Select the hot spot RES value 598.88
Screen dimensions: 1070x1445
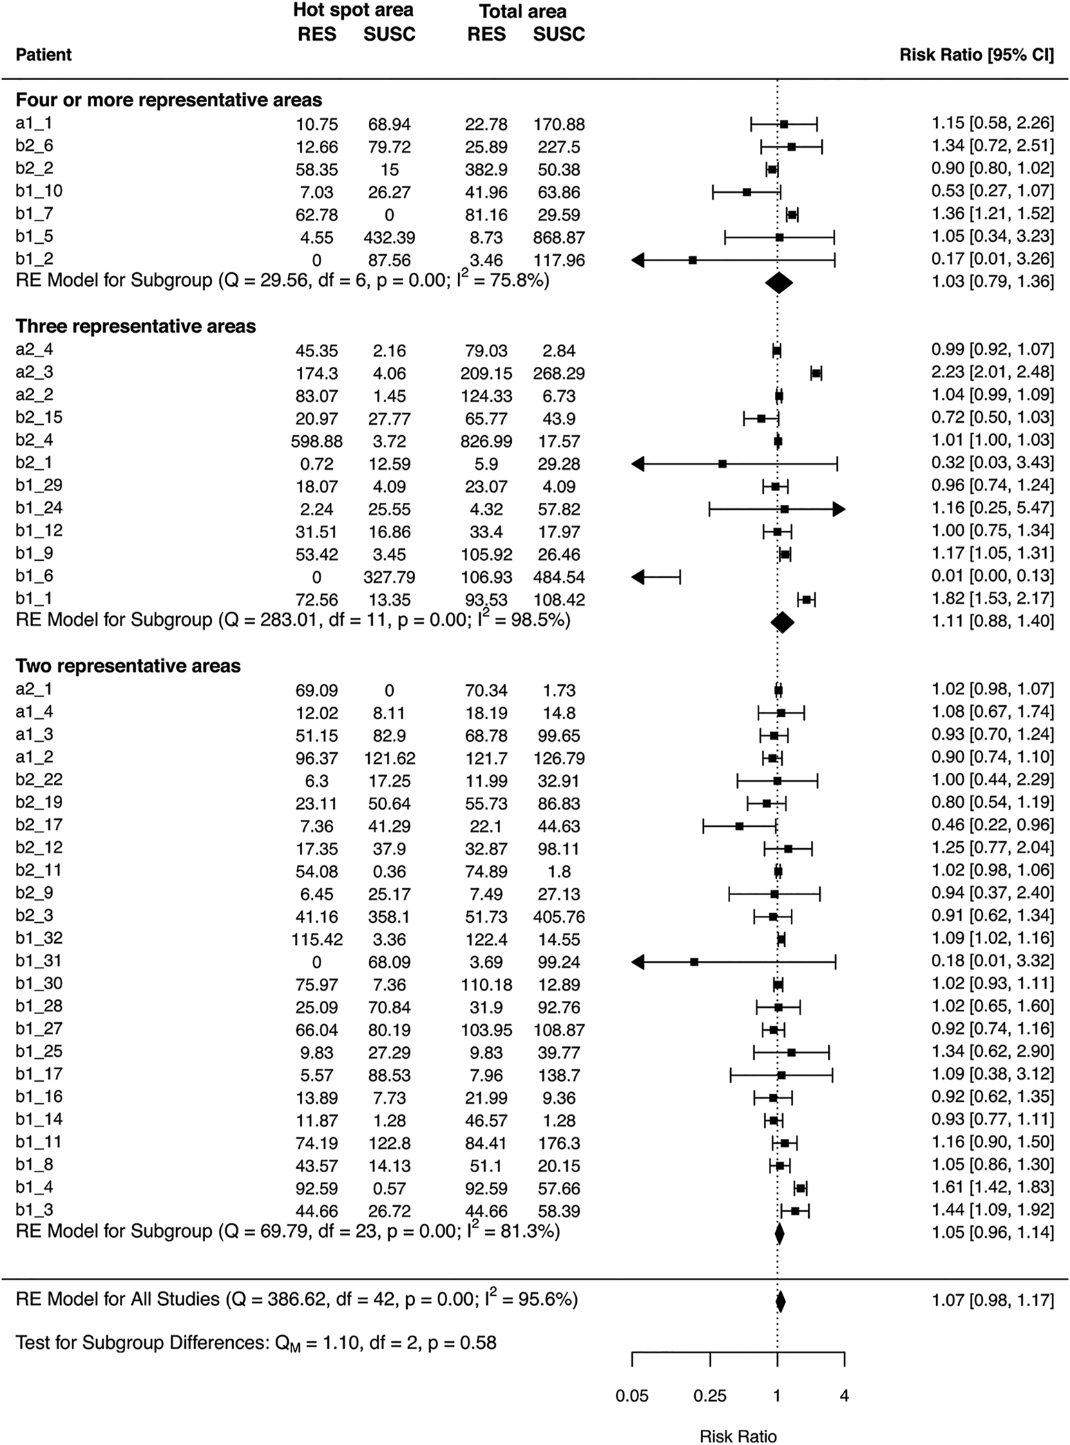(316, 441)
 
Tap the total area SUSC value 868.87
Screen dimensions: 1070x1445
(559, 238)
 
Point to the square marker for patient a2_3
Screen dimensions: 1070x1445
(816, 373)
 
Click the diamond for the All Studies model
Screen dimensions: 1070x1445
(781, 1301)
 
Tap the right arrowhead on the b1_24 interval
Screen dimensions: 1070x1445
(839, 509)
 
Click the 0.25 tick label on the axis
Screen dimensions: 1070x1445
(710, 1395)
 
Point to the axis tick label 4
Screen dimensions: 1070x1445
(844, 1395)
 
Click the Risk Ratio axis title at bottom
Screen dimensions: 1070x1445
(738, 1436)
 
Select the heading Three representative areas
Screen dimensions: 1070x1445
(135, 326)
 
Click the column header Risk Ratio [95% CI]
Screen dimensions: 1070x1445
(977, 55)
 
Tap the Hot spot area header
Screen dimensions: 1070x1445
(353, 10)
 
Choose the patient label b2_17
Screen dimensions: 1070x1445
(39, 825)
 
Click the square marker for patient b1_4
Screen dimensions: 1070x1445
(801, 1188)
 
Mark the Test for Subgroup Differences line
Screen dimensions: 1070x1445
(256, 1343)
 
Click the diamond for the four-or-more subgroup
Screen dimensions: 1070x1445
(778, 282)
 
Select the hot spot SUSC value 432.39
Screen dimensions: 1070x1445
(390, 238)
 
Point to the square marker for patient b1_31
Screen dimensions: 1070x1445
(694, 961)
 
